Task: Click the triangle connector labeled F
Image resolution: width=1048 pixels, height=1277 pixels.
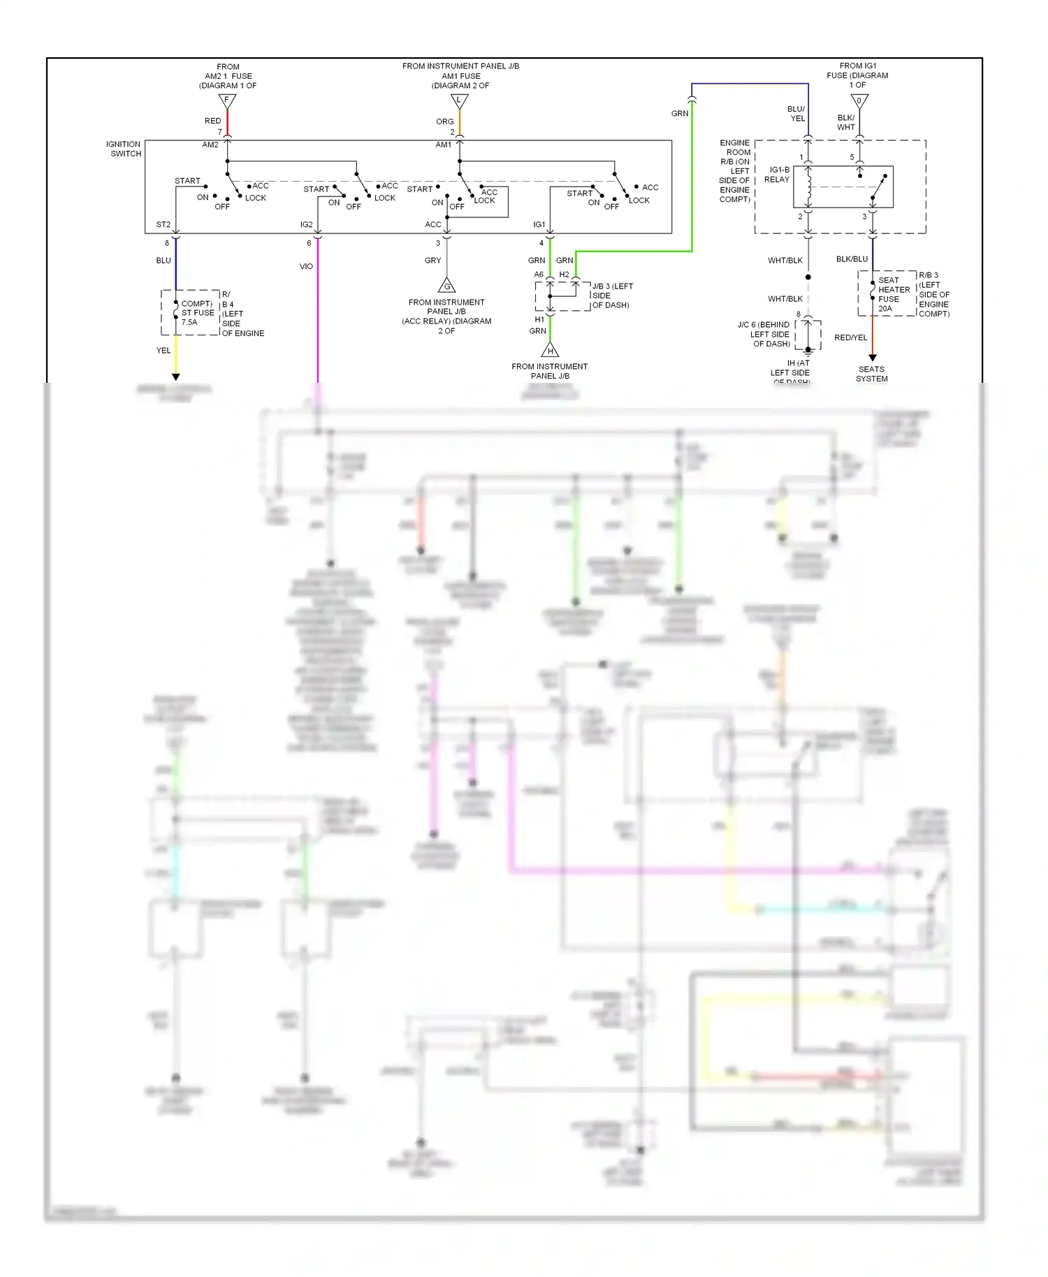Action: (x=227, y=101)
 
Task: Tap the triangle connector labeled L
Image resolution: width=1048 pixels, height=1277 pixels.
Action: (x=459, y=101)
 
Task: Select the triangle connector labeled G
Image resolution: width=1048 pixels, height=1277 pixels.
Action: (x=447, y=285)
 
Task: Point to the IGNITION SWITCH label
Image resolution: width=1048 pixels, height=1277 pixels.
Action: (x=124, y=149)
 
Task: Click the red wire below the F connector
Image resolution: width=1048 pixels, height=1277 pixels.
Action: (x=227, y=123)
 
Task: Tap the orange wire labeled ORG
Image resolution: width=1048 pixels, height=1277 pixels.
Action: (x=459, y=123)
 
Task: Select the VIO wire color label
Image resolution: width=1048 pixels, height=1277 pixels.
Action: (x=306, y=266)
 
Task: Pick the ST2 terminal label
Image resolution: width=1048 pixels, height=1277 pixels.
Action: (x=163, y=224)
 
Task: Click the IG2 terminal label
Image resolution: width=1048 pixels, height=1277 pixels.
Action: (x=306, y=224)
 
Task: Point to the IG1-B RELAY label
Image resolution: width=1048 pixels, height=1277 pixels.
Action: (x=778, y=175)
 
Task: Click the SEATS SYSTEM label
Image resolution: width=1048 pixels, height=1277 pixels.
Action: (x=872, y=374)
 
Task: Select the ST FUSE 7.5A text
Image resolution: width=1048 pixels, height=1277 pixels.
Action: (x=198, y=313)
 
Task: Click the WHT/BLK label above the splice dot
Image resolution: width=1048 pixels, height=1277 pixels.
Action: (x=785, y=261)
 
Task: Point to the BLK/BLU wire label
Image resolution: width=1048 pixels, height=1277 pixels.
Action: (x=852, y=259)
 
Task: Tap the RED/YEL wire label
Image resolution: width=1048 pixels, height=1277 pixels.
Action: (x=850, y=337)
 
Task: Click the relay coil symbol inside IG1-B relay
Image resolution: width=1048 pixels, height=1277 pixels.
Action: (x=809, y=187)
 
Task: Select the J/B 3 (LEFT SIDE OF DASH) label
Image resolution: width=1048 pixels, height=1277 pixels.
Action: (x=611, y=295)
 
